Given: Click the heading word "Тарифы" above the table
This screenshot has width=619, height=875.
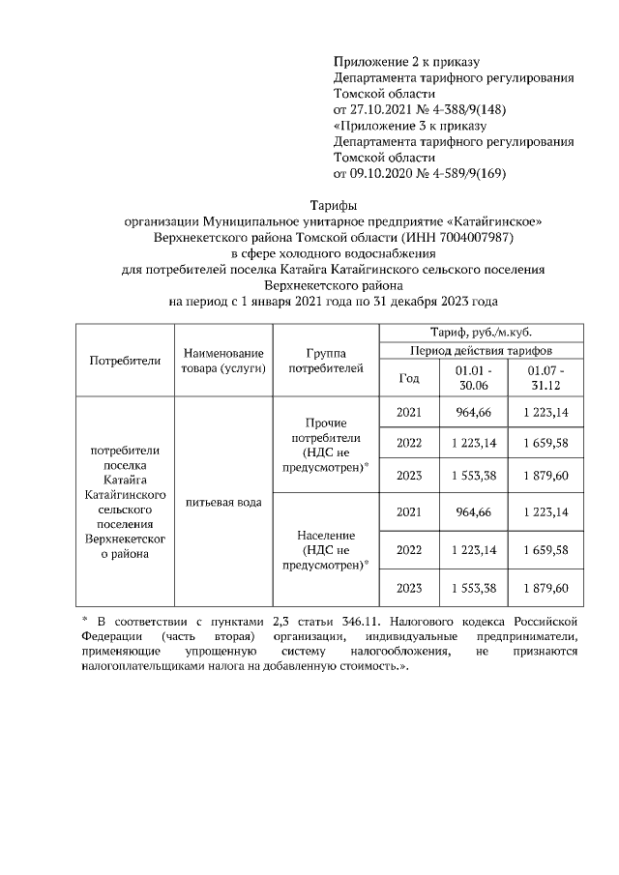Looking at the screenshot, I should click(x=333, y=205).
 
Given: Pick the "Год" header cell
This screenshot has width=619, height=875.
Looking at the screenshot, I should click(x=409, y=379).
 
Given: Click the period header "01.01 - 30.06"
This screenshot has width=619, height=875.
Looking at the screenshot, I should click(x=473, y=379).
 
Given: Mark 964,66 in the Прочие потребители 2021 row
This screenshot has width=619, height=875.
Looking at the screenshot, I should click(x=473, y=413).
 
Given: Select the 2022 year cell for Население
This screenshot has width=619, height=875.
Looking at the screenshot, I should click(x=409, y=550).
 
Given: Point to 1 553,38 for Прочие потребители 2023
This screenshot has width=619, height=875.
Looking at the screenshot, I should click(x=473, y=476).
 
